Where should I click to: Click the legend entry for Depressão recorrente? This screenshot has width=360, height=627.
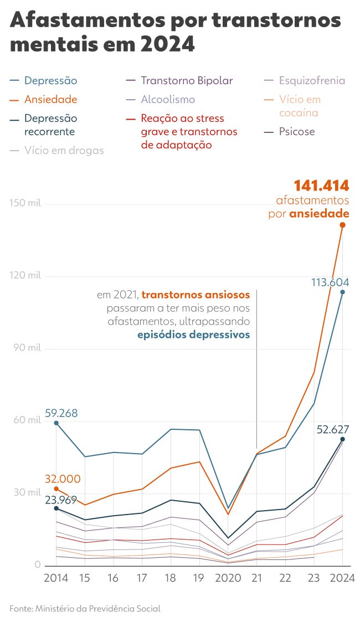(50, 125)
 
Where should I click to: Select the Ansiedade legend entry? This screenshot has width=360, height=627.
(50, 100)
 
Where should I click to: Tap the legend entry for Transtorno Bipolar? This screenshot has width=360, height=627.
(187, 81)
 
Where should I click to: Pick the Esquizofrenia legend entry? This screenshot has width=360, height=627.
(312, 81)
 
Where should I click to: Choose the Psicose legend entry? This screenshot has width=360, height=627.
(297, 132)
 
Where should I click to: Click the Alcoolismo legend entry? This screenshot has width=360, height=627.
(168, 100)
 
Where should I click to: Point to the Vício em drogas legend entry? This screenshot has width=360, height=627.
(64, 150)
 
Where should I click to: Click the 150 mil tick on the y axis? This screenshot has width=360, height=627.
(25, 203)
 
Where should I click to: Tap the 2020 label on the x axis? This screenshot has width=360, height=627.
(228, 578)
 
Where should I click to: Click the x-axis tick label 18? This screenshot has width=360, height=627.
(171, 578)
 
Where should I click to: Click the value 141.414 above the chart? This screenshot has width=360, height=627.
(321, 186)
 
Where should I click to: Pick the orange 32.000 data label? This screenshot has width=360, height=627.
(62, 479)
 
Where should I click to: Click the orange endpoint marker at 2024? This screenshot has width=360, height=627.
(343, 225)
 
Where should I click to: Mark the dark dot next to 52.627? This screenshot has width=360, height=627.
(343, 439)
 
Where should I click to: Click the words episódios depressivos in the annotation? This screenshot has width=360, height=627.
(193, 335)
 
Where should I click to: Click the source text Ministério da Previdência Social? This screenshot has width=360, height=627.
(98, 609)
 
